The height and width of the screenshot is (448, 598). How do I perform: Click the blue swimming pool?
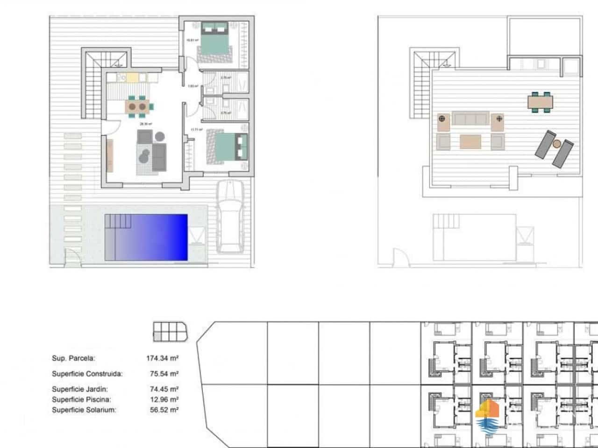(x=146, y=237)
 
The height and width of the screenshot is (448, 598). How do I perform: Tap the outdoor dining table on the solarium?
(x=541, y=101)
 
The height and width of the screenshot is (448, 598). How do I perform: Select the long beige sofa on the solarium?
(x=470, y=119)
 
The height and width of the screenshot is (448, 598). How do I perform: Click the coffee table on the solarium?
(x=470, y=141)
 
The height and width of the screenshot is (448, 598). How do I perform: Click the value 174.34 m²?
(x=162, y=358)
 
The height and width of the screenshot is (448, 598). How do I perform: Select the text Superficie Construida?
(x=87, y=374)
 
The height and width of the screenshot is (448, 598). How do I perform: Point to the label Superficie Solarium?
(x=84, y=410)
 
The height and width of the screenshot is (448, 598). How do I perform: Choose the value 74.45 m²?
(x=162, y=389)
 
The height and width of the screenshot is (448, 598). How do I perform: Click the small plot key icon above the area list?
(x=171, y=331)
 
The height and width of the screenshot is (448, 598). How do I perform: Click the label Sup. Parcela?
(x=73, y=358)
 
